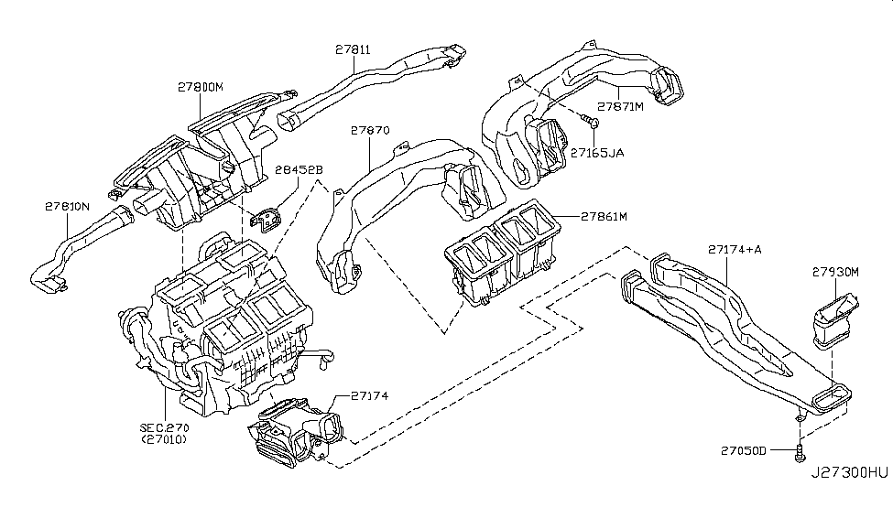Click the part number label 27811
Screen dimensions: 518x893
coord(352,52)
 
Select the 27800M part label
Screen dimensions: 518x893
coord(200,87)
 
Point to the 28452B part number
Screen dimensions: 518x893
coord(300,169)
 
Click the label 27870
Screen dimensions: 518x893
coord(369,131)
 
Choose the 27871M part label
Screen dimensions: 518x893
coord(621,106)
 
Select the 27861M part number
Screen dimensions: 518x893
coord(608,217)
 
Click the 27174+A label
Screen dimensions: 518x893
coord(735,249)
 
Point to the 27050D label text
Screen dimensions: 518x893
coord(743,450)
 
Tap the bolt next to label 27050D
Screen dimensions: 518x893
coord(800,450)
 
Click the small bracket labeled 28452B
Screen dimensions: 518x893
coord(267,221)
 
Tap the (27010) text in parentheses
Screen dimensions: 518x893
coord(166,441)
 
